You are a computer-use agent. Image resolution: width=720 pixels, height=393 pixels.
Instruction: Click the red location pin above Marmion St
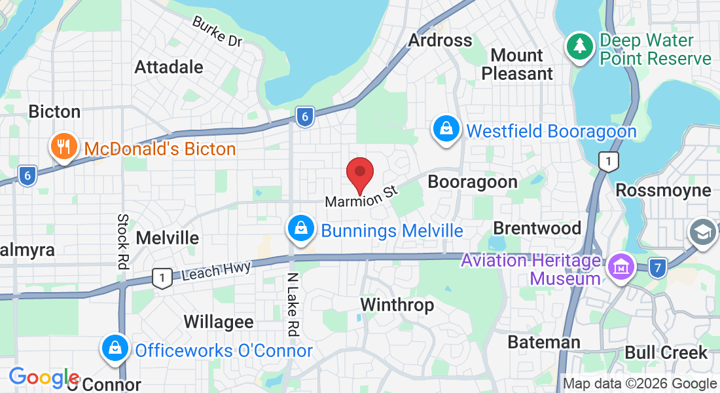click(359, 174)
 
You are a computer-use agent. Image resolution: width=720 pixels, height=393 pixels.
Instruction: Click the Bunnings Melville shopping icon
click(300, 229)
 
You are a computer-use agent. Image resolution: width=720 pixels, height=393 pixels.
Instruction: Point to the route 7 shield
click(659, 267)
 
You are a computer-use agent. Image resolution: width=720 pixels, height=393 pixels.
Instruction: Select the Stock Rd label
click(122, 241)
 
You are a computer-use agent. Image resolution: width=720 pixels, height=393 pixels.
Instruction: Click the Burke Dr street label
click(217, 31)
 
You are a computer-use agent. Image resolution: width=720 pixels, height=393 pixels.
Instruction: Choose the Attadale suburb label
click(169, 67)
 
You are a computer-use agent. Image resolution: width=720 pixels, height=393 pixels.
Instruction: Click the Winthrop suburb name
click(397, 305)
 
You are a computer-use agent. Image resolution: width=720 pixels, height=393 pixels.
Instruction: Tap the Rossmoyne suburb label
click(664, 190)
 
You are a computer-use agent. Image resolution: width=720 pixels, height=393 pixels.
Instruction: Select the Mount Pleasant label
click(517, 64)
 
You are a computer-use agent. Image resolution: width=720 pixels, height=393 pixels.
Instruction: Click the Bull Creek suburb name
click(666, 352)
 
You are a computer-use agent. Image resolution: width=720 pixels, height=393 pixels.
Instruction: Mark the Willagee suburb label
click(219, 322)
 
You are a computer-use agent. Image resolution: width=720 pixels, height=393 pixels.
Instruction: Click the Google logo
click(44, 377)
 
